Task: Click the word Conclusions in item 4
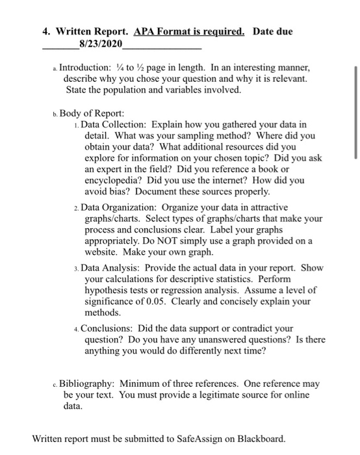[110, 328]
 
